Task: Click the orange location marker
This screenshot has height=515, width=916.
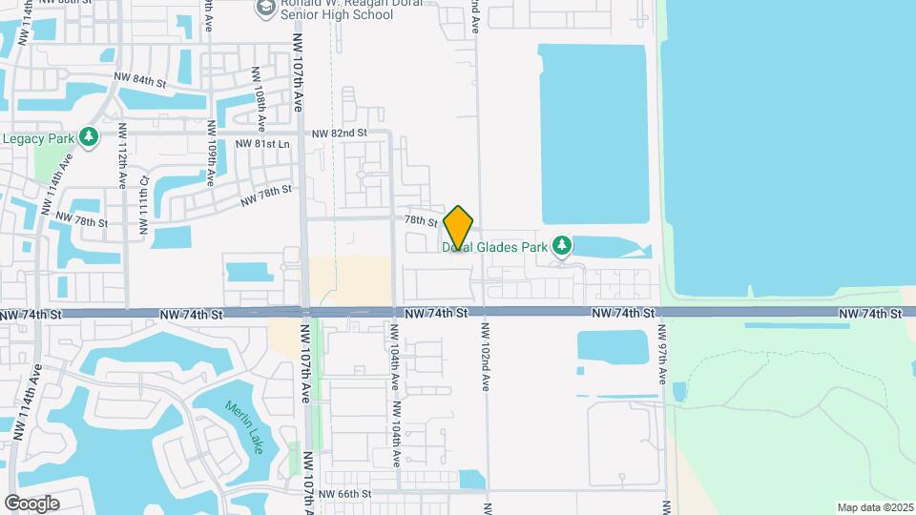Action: (x=459, y=228)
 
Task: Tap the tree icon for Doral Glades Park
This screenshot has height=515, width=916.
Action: (x=563, y=246)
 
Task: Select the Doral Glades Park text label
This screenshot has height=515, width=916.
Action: (x=494, y=247)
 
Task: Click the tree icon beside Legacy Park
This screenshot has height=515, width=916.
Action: (x=89, y=138)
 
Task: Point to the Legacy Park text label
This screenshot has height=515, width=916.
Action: (x=38, y=138)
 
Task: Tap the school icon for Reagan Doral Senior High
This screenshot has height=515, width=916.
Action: (x=264, y=10)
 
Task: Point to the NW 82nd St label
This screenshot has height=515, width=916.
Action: (x=339, y=134)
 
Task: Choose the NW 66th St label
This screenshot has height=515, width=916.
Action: (x=344, y=494)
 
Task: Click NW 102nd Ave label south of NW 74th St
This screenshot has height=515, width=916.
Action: (x=485, y=356)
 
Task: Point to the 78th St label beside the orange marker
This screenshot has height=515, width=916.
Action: (x=420, y=221)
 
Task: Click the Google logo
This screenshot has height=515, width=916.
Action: (x=31, y=503)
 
